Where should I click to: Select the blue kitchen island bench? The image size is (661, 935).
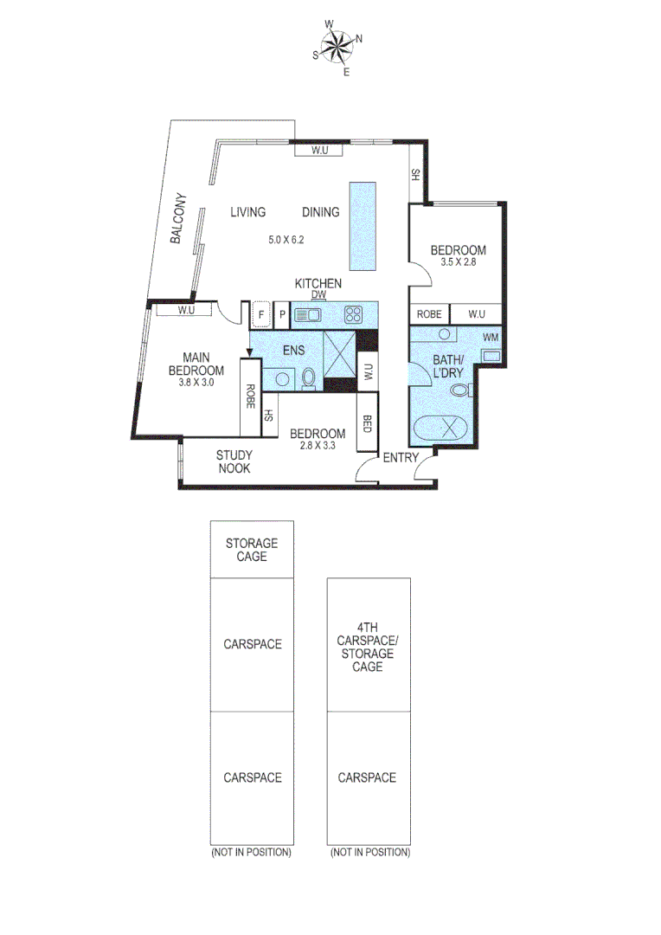(363, 226)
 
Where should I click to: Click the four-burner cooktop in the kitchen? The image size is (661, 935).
(353, 315)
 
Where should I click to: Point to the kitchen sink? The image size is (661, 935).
(307, 315)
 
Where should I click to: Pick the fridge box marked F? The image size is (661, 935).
(260, 314)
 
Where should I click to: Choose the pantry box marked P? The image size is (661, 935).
(281, 314)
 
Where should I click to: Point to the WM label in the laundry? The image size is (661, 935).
(491, 337)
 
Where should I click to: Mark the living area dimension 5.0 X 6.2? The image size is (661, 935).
(287, 240)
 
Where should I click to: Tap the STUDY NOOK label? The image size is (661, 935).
(234, 461)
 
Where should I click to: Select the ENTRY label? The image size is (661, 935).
(401, 457)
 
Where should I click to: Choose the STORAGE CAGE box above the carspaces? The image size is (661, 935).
(252, 549)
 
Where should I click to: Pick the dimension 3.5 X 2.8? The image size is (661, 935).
(459, 263)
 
